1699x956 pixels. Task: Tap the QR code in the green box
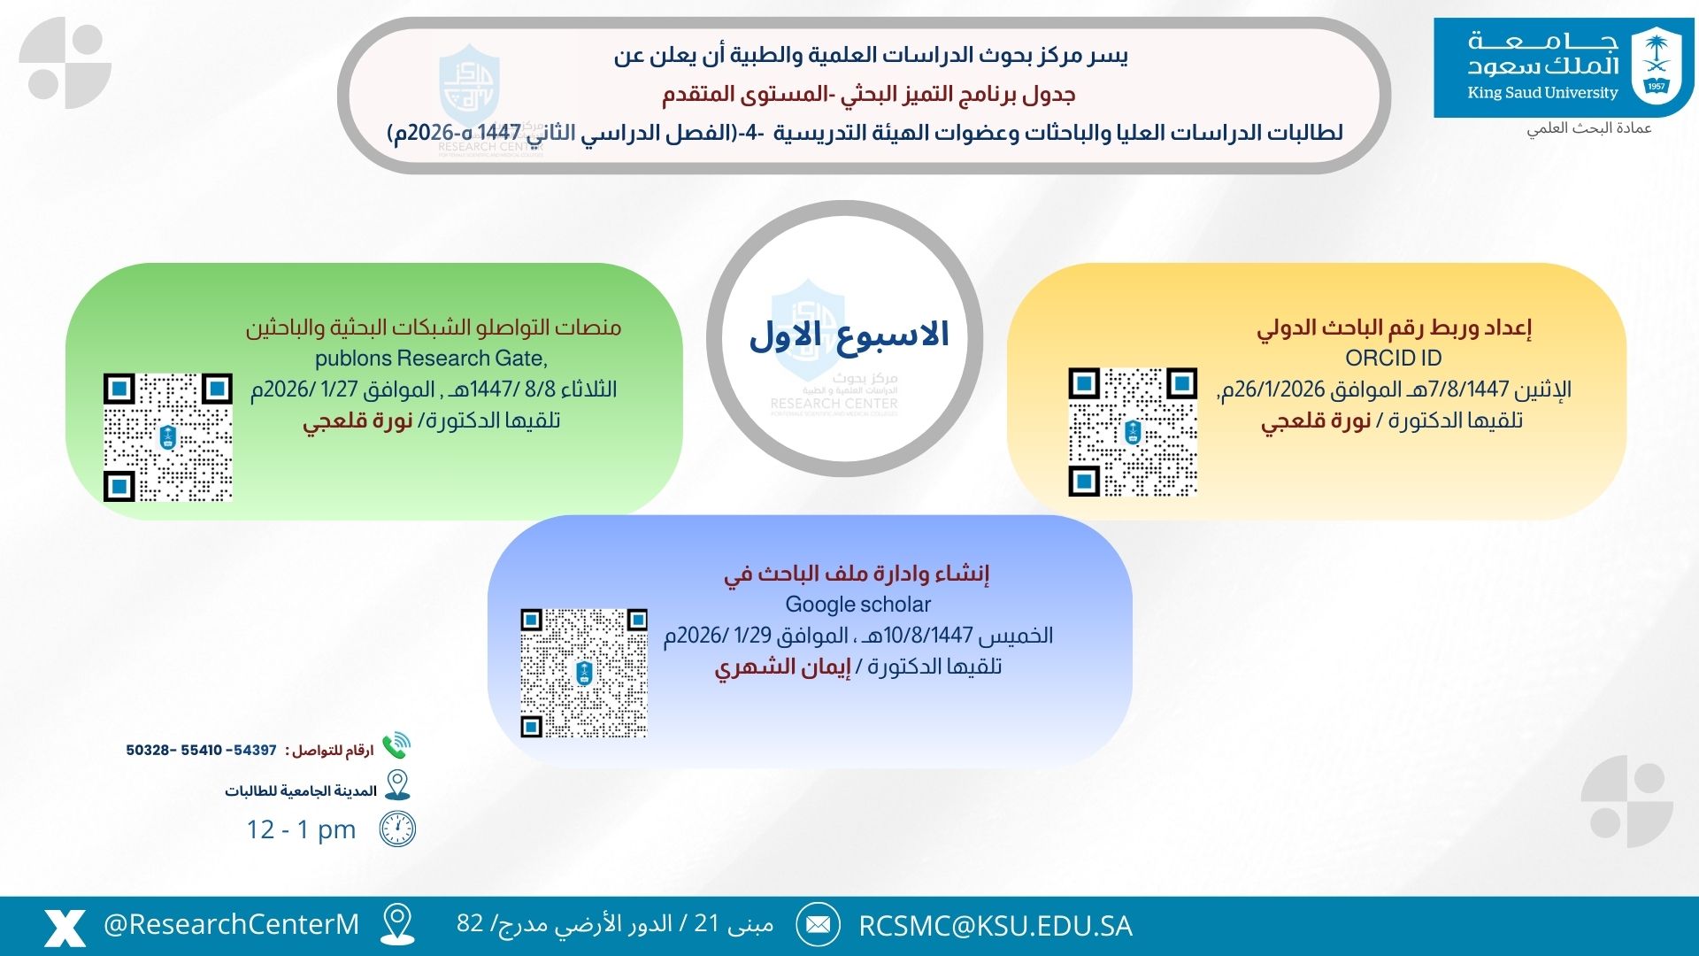click(x=168, y=437)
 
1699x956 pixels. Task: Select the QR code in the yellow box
click(x=1133, y=432)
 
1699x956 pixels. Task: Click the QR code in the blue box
click(x=584, y=673)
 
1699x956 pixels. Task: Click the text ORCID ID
click(x=1393, y=358)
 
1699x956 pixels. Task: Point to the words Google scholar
click(x=857, y=605)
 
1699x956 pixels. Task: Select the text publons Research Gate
click(x=431, y=358)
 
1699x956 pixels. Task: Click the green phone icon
click(x=396, y=746)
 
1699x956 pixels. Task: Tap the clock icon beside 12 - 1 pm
click(x=397, y=829)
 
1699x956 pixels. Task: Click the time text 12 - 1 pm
click(x=301, y=829)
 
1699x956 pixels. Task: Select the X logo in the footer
click(x=65, y=927)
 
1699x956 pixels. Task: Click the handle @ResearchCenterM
click(x=231, y=925)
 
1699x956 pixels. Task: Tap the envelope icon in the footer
click(x=818, y=925)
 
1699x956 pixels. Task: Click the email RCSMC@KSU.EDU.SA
click(x=995, y=926)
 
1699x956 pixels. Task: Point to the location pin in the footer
click(x=397, y=924)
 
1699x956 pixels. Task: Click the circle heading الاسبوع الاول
click(x=848, y=335)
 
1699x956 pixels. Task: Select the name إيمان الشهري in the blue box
click(x=783, y=667)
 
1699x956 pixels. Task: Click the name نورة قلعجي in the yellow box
click(x=1316, y=421)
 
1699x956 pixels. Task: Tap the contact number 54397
click(x=255, y=751)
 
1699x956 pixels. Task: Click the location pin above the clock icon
click(x=397, y=785)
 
